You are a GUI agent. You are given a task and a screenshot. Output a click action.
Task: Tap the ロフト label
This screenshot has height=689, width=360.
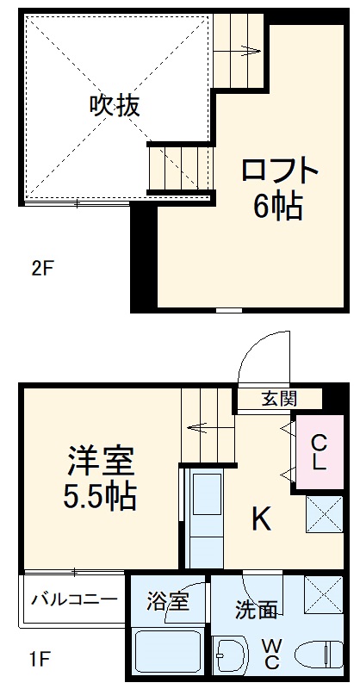pos(280,170)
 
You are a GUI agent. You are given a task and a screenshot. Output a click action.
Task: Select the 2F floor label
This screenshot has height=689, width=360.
pos(43,268)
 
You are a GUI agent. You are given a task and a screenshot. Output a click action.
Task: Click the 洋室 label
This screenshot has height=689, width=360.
pos(101,462)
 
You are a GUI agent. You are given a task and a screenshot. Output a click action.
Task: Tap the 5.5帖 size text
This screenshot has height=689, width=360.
pos(101,498)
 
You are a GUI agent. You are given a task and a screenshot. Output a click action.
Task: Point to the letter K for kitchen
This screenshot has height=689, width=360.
pos(263,518)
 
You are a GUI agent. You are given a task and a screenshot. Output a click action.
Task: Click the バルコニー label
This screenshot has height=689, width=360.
pos(75,597)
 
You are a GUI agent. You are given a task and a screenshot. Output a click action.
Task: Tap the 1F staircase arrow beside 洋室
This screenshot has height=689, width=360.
pos(204,426)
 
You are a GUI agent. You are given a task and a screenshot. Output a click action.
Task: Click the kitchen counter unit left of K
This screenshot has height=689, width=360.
pos(205,517)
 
